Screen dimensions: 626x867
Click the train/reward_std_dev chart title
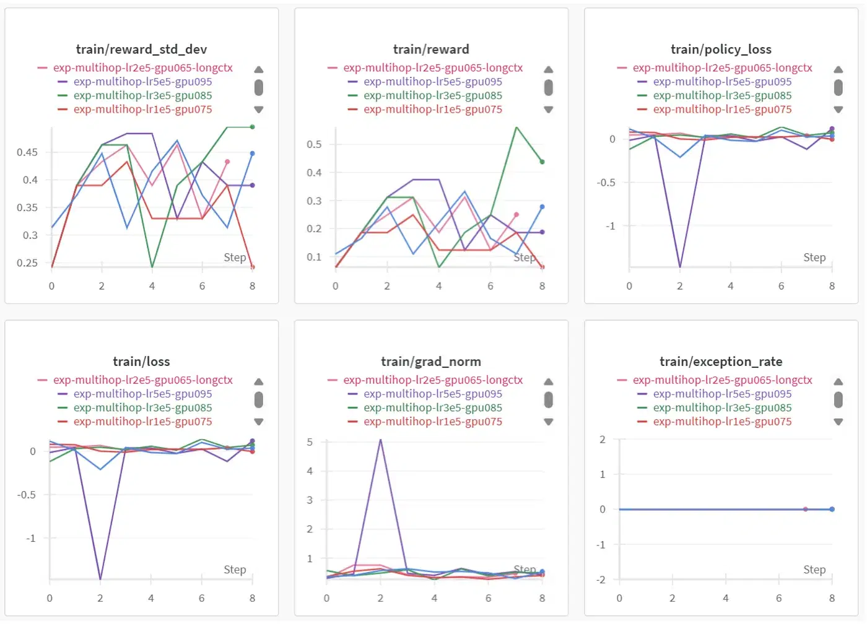click(141, 49)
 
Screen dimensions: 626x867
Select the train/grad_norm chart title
click(430, 362)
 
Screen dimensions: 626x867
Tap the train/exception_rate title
click(720, 362)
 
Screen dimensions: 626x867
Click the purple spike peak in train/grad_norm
click(380, 440)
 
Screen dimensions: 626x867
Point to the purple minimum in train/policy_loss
click(680, 267)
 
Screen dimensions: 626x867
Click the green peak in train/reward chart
click(516, 127)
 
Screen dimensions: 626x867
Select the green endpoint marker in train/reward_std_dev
click(252, 127)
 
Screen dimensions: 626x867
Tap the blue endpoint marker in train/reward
click(542, 207)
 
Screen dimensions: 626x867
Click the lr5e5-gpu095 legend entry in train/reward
click(432, 82)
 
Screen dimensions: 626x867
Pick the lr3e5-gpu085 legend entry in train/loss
click(142, 407)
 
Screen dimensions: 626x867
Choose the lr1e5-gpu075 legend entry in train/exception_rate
click(722, 422)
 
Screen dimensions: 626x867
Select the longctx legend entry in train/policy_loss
click(722, 68)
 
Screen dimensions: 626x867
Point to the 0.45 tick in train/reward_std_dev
click(27, 152)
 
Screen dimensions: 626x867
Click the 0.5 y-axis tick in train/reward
click(314, 144)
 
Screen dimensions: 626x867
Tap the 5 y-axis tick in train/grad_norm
click(310, 442)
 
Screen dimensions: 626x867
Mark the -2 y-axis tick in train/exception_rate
click(601, 580)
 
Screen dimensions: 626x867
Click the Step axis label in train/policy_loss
click(814, 257)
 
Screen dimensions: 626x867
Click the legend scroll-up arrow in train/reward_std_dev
click(259, 69)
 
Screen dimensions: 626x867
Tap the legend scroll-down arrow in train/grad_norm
click(548, 422)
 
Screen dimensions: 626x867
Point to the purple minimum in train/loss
click(100, 579)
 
